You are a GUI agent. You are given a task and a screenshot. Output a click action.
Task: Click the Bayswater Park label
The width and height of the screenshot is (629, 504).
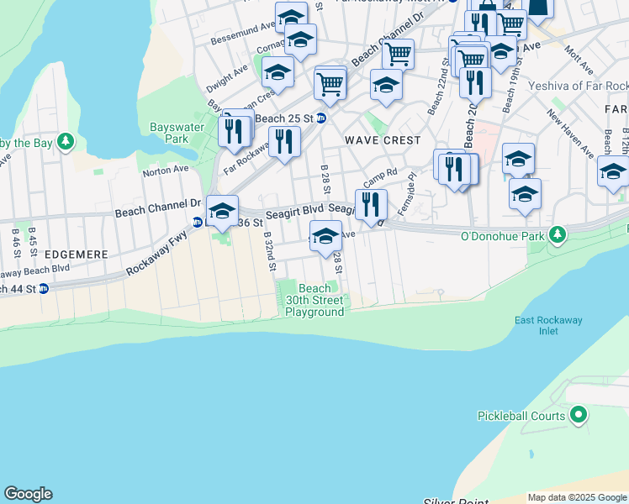169,133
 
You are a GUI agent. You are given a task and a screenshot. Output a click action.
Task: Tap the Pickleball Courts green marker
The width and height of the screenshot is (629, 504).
578,414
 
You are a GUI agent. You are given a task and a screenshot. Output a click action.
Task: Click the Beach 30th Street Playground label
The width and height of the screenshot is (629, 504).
314,300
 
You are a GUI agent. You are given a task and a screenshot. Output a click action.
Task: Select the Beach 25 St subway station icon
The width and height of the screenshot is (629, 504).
320,118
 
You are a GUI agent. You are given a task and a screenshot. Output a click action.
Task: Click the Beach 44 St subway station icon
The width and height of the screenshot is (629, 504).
44,288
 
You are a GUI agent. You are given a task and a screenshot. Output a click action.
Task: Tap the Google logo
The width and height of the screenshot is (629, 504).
28,494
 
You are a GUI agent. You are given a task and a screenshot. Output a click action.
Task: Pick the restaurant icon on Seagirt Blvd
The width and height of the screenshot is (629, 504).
371,204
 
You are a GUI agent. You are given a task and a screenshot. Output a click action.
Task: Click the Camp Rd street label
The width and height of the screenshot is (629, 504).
379,177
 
